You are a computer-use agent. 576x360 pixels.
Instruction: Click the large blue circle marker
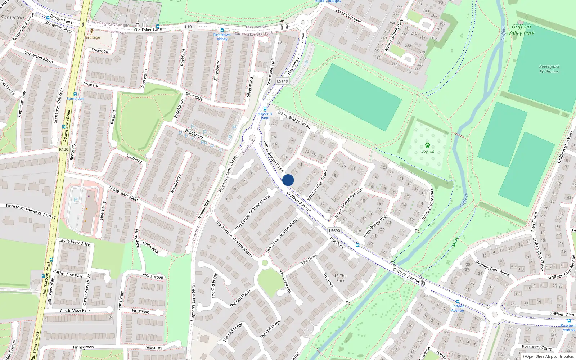point(288,180)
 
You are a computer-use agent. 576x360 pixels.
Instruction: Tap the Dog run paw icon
point(427,145)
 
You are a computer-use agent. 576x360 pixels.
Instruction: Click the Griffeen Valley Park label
point(521,30)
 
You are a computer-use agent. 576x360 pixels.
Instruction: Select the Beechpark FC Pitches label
point(549,69)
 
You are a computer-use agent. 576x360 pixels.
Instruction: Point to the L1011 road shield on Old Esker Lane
point(190,27)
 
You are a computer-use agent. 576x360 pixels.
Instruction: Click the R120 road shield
point(63,149)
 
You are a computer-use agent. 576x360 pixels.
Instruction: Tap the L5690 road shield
point(334,231)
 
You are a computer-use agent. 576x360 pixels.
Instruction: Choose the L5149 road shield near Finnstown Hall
point(282,81)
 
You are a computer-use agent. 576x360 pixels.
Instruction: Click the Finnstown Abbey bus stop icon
point(222,31)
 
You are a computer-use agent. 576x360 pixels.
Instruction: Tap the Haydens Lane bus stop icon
point(265,109)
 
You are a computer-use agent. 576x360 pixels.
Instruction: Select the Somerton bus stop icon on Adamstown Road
point(75,94)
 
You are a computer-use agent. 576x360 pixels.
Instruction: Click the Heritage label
point(92,37)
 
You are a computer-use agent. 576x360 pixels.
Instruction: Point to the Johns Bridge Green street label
point(293,120)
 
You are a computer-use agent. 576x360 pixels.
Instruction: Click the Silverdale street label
point(194,96)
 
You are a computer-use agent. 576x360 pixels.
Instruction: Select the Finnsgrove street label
point(153,276)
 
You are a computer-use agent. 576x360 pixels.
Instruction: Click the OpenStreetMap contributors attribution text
point(548,357)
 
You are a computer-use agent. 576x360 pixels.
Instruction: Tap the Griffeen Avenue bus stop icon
point(458,301)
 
